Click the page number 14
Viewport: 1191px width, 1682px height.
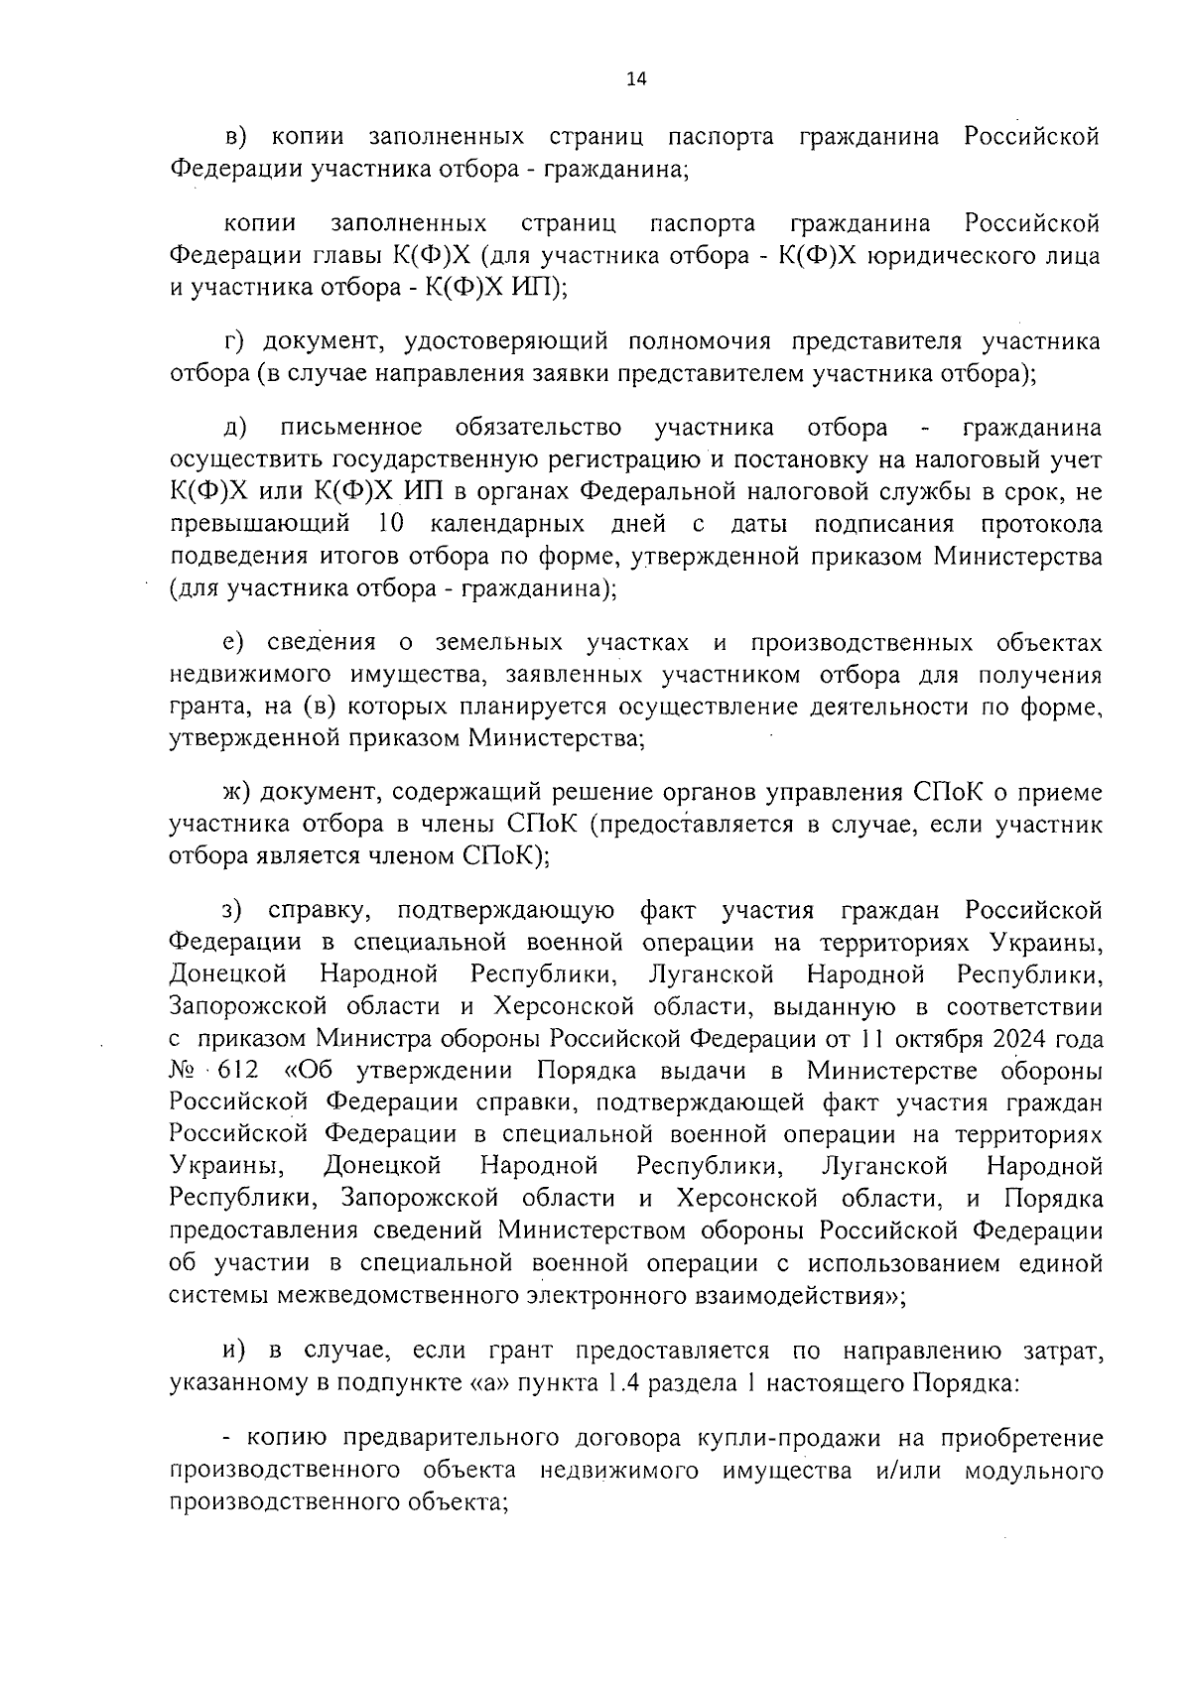[636, 81]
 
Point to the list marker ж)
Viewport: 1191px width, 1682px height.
[239, 791]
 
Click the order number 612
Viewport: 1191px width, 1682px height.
[240, 1071]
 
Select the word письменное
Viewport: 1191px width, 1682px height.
[351, 428]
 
